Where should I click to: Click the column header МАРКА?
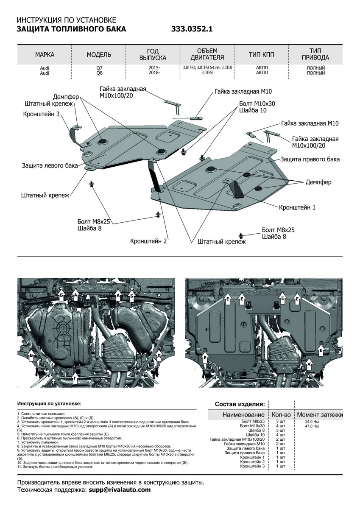[x=45, y=55]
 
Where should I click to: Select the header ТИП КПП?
[x=261, y=55]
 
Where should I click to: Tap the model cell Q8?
[x=99, y=73]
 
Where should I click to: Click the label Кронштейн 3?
[x=41, y=114]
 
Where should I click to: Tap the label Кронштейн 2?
[x=149, y=241]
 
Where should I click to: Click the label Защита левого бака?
[x=50, y=165]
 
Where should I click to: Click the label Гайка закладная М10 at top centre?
[x=243, y=91]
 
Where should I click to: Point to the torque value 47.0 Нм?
[x=312, y=426]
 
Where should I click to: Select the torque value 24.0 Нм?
[x=312, y=422]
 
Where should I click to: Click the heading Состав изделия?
[x=240, y=404]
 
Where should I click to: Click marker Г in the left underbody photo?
[x=75, y=377]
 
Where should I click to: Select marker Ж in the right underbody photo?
[x=309, y=364]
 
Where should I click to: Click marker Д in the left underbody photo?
[x=159, y=355]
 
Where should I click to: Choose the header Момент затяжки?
[x=320, y=414]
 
